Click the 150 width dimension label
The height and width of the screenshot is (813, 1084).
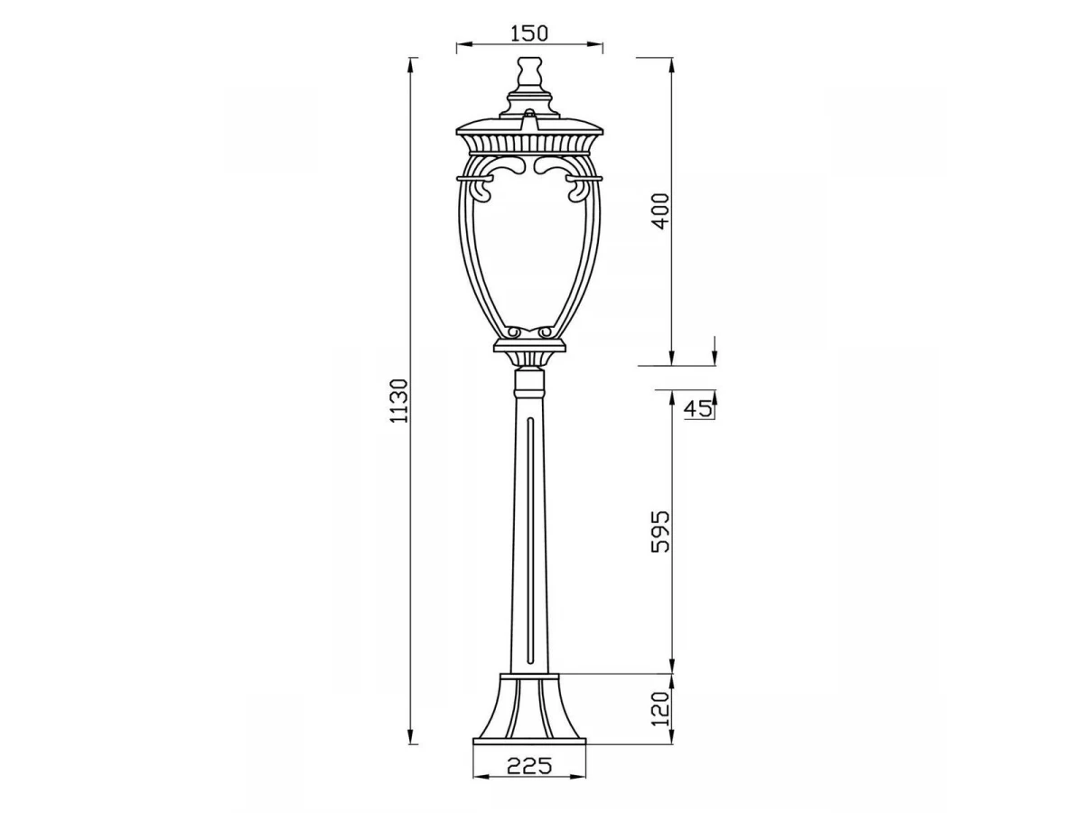(529, 33)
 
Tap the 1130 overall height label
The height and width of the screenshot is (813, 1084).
(399, 400)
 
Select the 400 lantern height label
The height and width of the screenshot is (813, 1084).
(660, 210)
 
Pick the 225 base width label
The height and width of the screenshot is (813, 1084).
(529, 766)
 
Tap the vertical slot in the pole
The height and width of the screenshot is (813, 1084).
(529, 540)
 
